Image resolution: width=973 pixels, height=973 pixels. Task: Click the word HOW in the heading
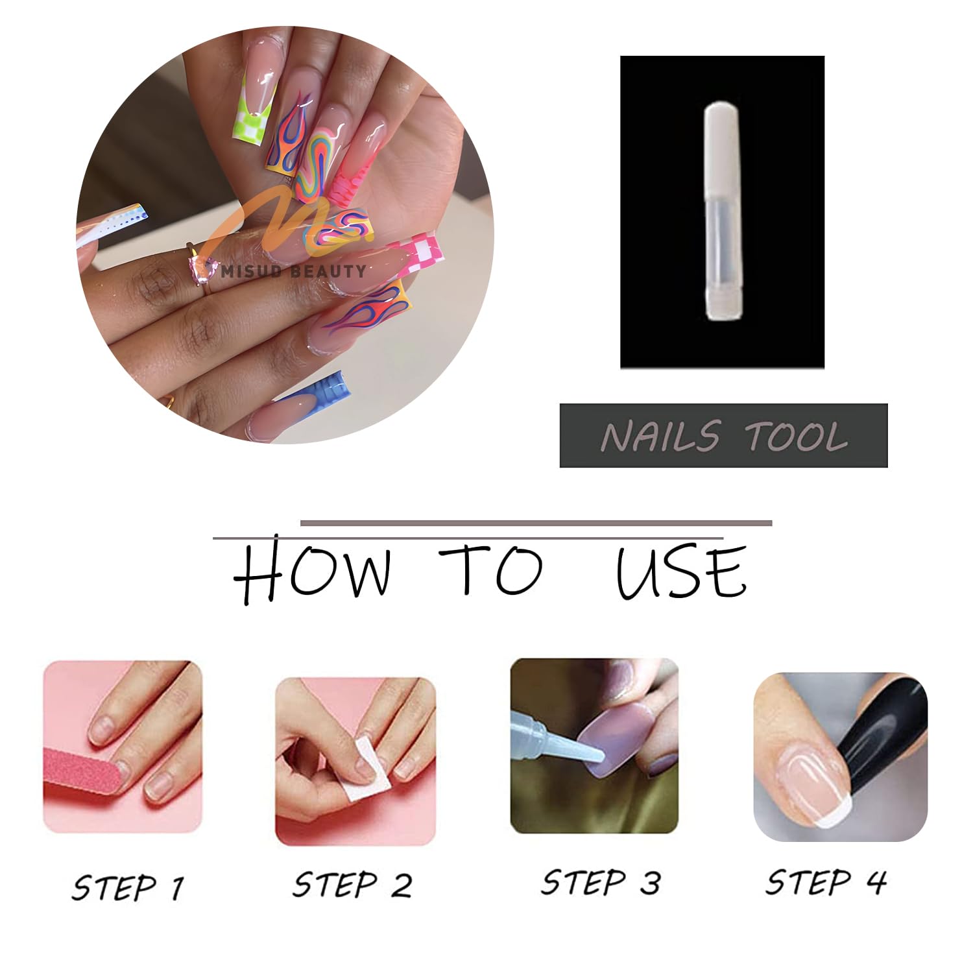tap(313, 571)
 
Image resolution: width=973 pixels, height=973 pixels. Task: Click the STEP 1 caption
tap(128, 887)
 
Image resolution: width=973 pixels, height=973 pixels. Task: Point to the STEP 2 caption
tap(352, 884)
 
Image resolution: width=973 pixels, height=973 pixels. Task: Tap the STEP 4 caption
tap(826, 882)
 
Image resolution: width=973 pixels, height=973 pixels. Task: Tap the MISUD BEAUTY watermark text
tap(293, 270)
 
